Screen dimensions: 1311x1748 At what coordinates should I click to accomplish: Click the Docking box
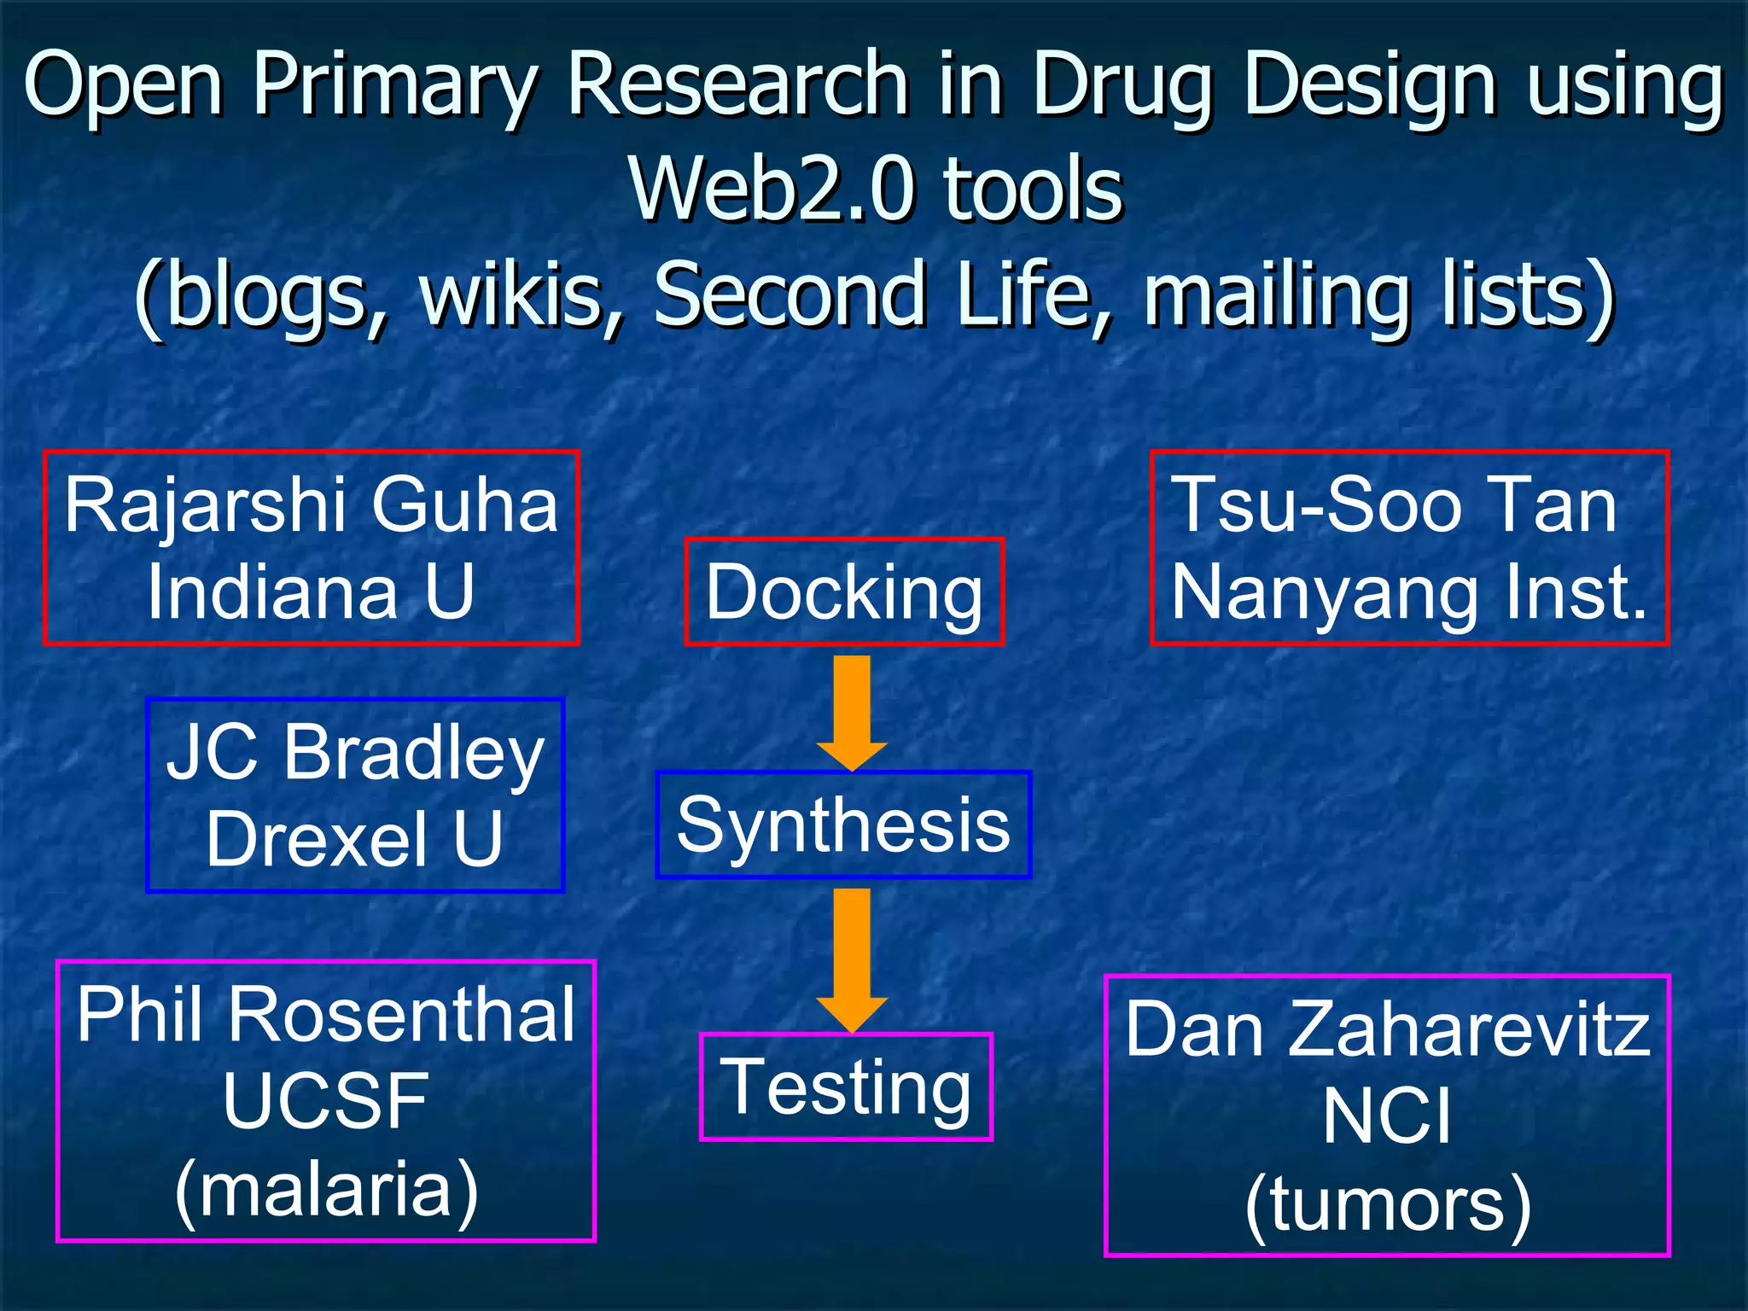click(844, 592)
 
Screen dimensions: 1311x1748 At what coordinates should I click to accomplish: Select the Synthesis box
click(843, 824)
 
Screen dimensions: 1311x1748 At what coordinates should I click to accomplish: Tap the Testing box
click(846, 1087)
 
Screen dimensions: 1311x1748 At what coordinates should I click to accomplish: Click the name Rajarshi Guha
click(312, 505)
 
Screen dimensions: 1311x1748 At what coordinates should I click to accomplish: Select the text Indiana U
click(311, 591)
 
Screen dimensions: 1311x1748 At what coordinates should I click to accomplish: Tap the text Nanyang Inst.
click(1408, 592)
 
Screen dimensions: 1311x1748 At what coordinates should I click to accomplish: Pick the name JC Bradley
click(355, 752)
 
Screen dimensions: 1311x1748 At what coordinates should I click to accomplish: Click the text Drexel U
click(355, 839)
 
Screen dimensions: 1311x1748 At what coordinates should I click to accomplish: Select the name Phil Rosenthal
click(326, 1014)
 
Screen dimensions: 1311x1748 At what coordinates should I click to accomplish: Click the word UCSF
click(325, 1101)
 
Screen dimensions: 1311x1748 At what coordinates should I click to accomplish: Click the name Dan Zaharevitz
click(1387, 1029)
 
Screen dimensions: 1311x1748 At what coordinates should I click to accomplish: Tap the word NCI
click(1387, 1116)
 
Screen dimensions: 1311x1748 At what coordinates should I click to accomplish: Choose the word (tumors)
click(1388, 1204)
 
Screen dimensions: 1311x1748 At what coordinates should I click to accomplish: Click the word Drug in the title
click(1122, 85)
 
